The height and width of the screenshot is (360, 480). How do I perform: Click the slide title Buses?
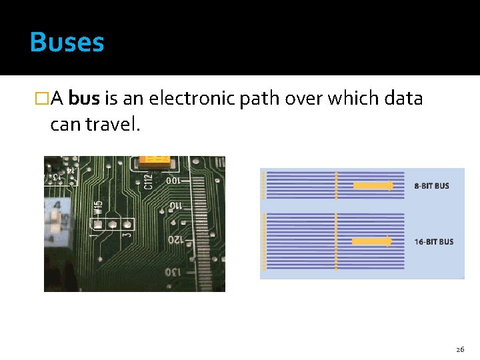(x=67, y=43)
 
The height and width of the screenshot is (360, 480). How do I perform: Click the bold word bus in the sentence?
(x=84, y=99)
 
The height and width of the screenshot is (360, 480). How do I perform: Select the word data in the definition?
(x=404, y=99)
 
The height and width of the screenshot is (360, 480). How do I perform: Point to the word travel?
(x=113, y=125)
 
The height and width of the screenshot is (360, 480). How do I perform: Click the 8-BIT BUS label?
(x=432, y=186)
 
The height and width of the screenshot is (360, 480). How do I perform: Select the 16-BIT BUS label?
(x=433, y=241)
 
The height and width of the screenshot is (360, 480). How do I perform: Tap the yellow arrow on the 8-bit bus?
(x=373, y=186)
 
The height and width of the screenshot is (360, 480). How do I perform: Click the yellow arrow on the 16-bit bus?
(x=372, y=241)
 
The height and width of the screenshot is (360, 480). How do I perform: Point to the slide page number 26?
(x=460, y=349)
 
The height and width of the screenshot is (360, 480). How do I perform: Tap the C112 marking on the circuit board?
(x=148, y=181)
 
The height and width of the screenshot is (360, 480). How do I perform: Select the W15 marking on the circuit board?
(x=98, y=207)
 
